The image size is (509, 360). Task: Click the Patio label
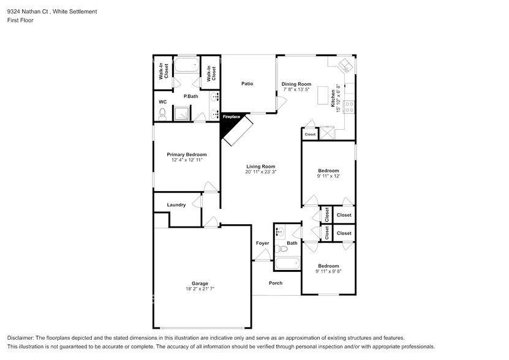pyautogui.click(x=247, y=84)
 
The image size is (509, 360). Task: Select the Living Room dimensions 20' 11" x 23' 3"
pyautogui.click(x=261, y=172)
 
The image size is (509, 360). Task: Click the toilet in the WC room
pyautogui.click(x=162, y=113)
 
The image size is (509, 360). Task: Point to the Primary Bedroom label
pyautogui.click(x=187, y=154)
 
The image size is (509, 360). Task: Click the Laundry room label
pyautogui.click(x=176, y=204)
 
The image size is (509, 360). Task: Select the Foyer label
pyautogui.click(x=262, y=243)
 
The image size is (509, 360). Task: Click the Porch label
pyautogui.click(x=276, y=283)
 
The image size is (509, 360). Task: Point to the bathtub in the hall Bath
pyautogui.click(x=287, y=264)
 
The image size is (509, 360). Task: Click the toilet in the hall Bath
pyautogui.click(x=281, y=249)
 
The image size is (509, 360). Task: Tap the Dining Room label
pyautogui.click(x=296, y=84)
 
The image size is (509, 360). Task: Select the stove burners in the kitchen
pyautogui.click(x=350, y=107)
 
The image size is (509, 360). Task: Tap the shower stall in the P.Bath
pyautogui.click(x=181, y=113)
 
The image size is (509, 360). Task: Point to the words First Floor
pyautogui.click(x=20, y=20)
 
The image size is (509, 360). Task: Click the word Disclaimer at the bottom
pyautogui.click(x=21, y=338)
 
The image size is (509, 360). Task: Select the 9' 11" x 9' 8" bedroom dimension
pyautogui.click(x=328, y=272)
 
